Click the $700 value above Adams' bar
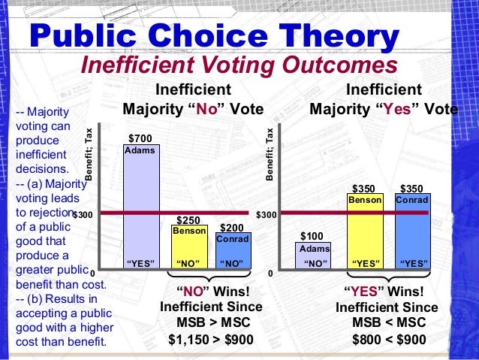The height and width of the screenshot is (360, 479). coord(140,138)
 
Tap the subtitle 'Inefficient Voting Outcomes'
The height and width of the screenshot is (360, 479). coord(239,64)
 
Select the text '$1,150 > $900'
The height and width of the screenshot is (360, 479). coord(211,339)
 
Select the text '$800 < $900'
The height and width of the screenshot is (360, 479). coord(389,339)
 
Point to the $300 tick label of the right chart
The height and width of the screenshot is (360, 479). coord(267,215)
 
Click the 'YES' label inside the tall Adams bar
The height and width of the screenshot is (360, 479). coord(140,263)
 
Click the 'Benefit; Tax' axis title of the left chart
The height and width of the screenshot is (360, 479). coord(89,154)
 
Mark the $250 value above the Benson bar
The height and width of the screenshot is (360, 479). coord(188,219)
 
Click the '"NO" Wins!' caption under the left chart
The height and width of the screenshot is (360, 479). coord(211,291)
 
